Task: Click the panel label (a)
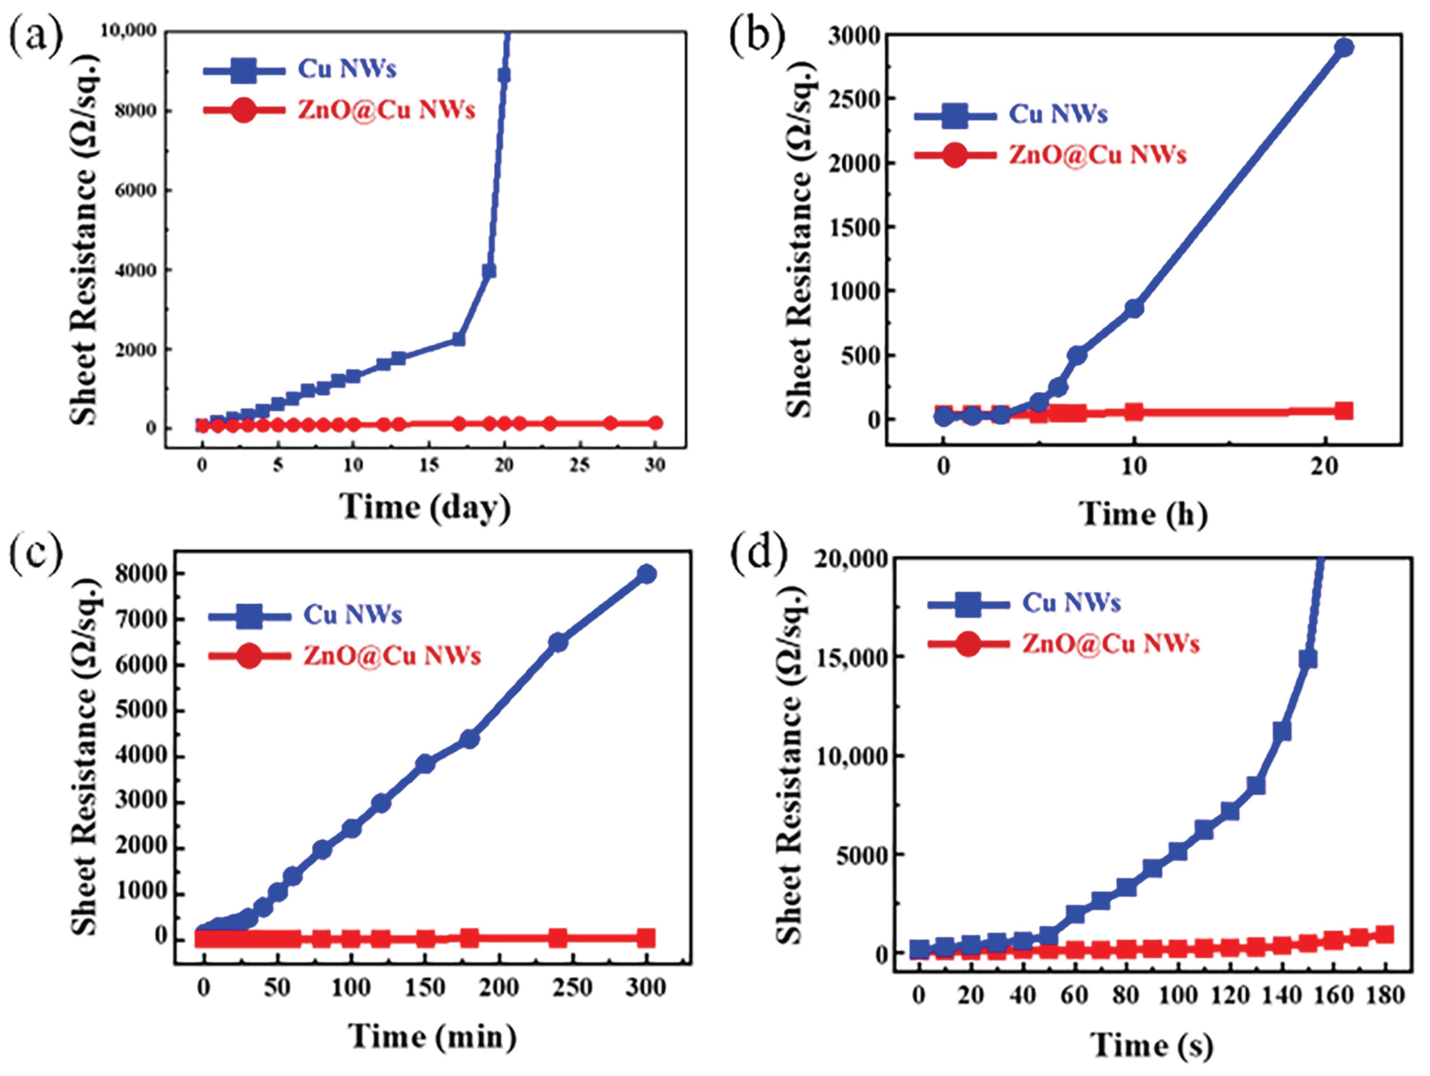click(36, 37)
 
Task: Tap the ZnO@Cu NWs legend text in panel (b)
click(1097, 155)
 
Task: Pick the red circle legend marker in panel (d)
click(968, 643)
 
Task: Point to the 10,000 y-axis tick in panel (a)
click(128, 30)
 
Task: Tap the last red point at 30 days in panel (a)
click(655, 423)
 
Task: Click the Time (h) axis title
click(1142, 515)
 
